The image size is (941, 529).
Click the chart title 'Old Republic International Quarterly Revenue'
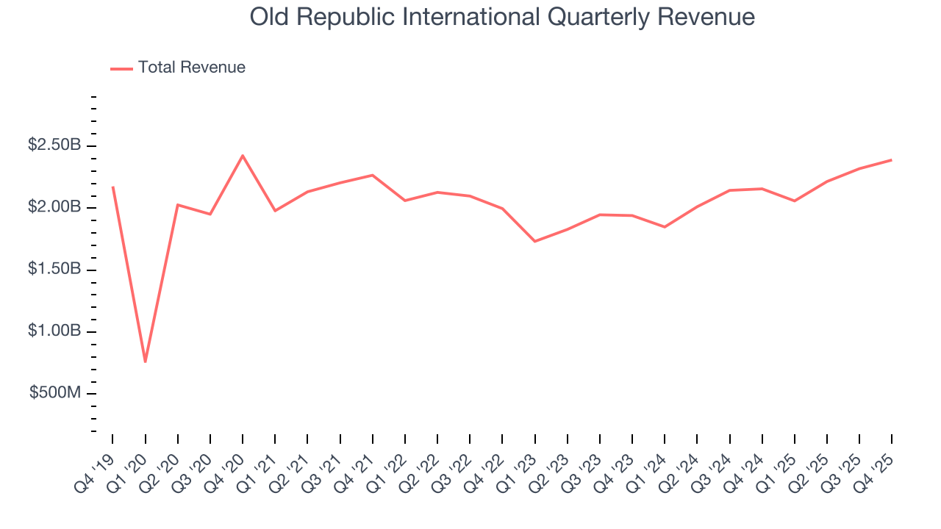502,16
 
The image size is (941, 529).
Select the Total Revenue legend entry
178,68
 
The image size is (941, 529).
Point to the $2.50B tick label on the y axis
54,145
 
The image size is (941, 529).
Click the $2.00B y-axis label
54,208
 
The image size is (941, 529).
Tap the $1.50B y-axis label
54,270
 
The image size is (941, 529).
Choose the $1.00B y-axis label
54,332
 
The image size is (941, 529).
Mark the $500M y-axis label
55,394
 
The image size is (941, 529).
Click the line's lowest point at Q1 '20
146,361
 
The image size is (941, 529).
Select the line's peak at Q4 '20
243,155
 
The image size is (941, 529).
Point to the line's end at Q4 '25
891,159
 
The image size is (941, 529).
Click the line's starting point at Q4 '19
112,187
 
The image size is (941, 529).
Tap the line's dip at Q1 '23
534,241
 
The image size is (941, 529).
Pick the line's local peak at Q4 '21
373,175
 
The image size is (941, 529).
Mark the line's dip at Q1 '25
794,201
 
